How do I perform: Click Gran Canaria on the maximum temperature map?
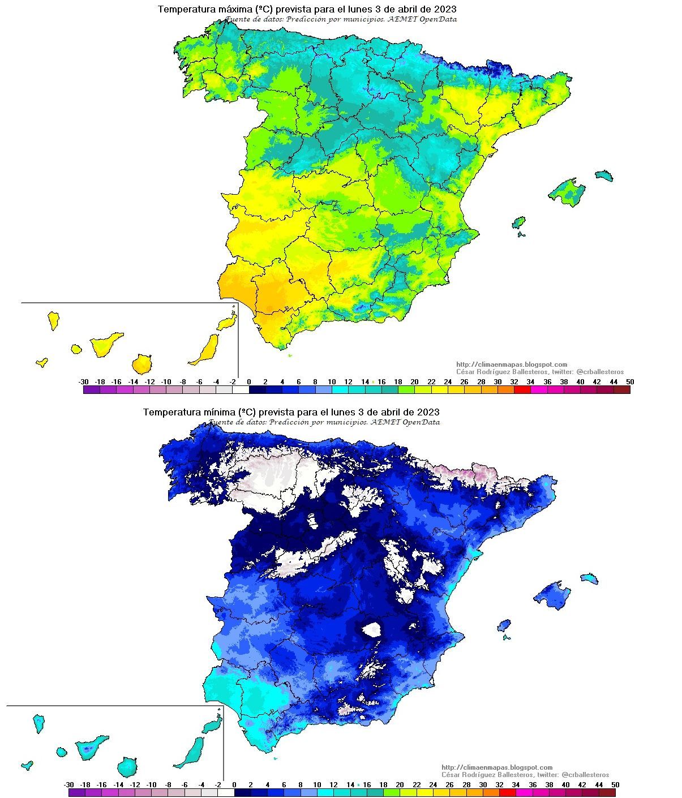tap(141, 363)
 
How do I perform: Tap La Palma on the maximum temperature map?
tap(53, 320)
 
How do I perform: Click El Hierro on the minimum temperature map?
tap(27, 765)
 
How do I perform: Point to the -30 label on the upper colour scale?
tap(84, 381)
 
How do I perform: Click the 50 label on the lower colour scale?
tap(615, 784)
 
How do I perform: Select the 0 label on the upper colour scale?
tap(249, 381)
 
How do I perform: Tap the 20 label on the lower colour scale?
tap(400, 784)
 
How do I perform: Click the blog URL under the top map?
tap(511, 364)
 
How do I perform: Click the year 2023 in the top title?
tap(445, 9)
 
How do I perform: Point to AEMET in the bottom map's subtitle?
tap(385, 422)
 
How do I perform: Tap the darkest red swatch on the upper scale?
tap(622, 389)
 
